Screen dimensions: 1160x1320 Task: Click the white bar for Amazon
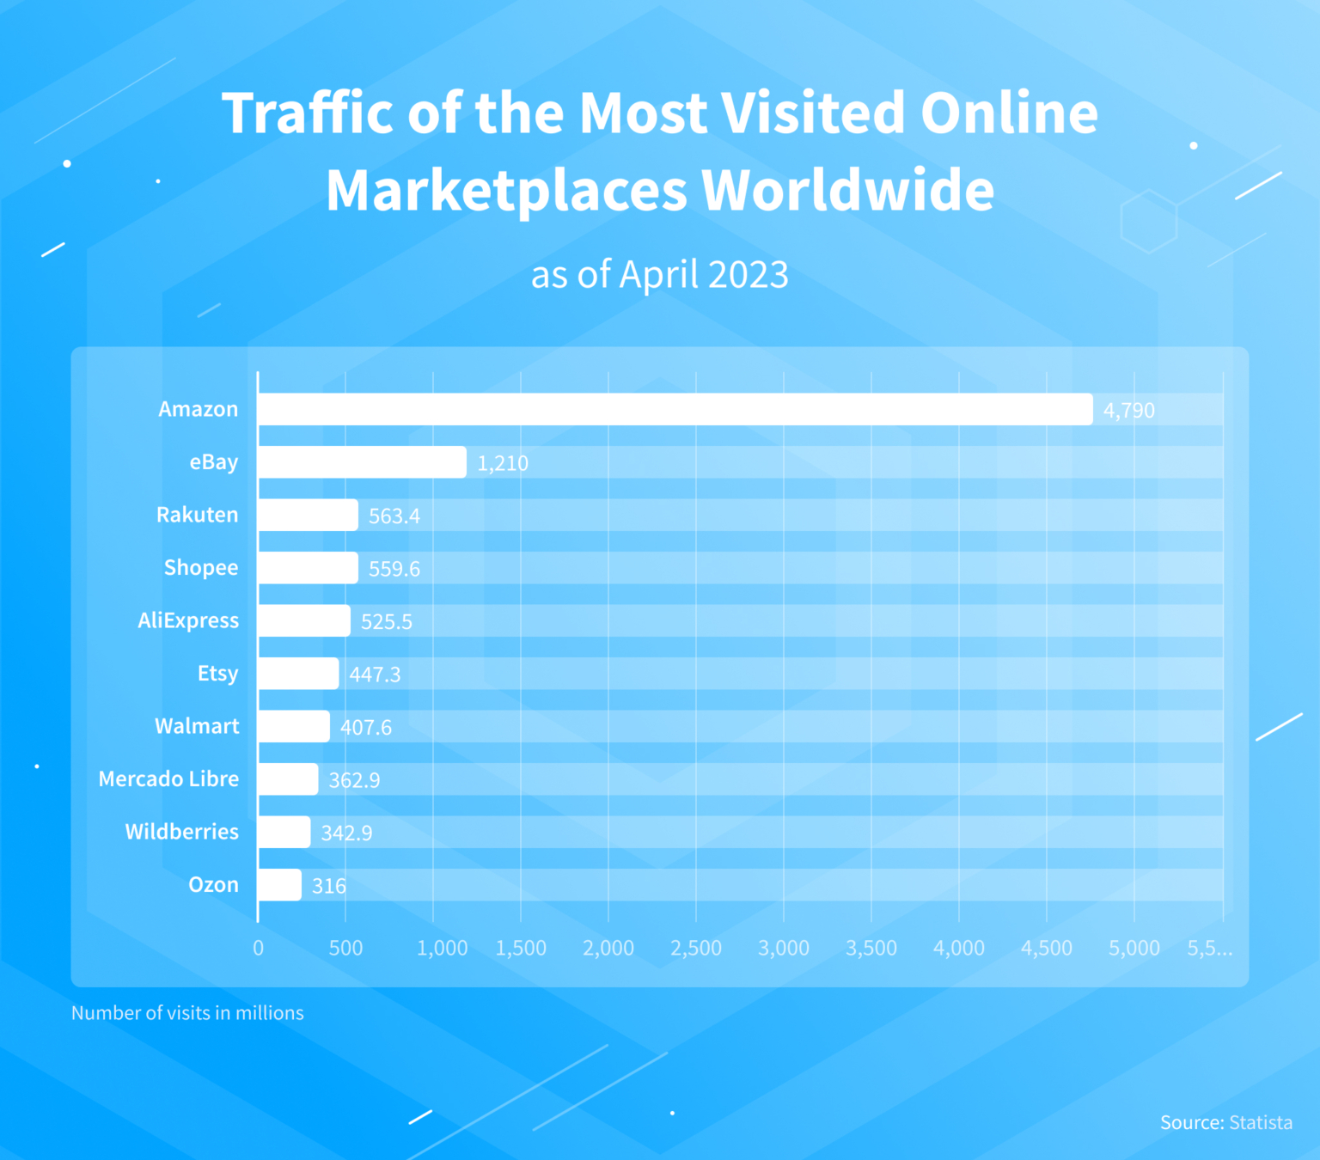pos(675,410)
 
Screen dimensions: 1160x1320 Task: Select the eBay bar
pos(362,462)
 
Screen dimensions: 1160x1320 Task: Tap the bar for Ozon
pos(279,885)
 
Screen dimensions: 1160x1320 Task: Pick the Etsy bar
pos(298,674)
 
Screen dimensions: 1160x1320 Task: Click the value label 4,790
pos(1128,411)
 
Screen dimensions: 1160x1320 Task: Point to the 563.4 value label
pos(394,516)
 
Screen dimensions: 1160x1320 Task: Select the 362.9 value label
pos(354,780)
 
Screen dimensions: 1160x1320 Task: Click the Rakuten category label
pos(197,515)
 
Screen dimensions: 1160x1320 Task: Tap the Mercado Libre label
pos(168,779)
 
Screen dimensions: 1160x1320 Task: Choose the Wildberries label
pos(182,832)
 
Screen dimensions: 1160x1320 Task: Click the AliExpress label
pos(188,620)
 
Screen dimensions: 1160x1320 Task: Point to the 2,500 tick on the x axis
pos(696,949)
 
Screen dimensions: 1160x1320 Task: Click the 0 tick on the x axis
pos(258,949)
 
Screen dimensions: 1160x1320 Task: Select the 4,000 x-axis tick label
pos(959,949)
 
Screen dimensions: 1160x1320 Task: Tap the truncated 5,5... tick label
pos(1209,949)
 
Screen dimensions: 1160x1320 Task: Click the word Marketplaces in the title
pos(507,190)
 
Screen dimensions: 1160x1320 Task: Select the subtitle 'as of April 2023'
pos(659,275)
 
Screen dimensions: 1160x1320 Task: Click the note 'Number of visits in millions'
pos(187,1013)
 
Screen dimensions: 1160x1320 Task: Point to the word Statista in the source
pos(1260,1123)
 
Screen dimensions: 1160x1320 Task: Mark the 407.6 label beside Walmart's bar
pos(365,728)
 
